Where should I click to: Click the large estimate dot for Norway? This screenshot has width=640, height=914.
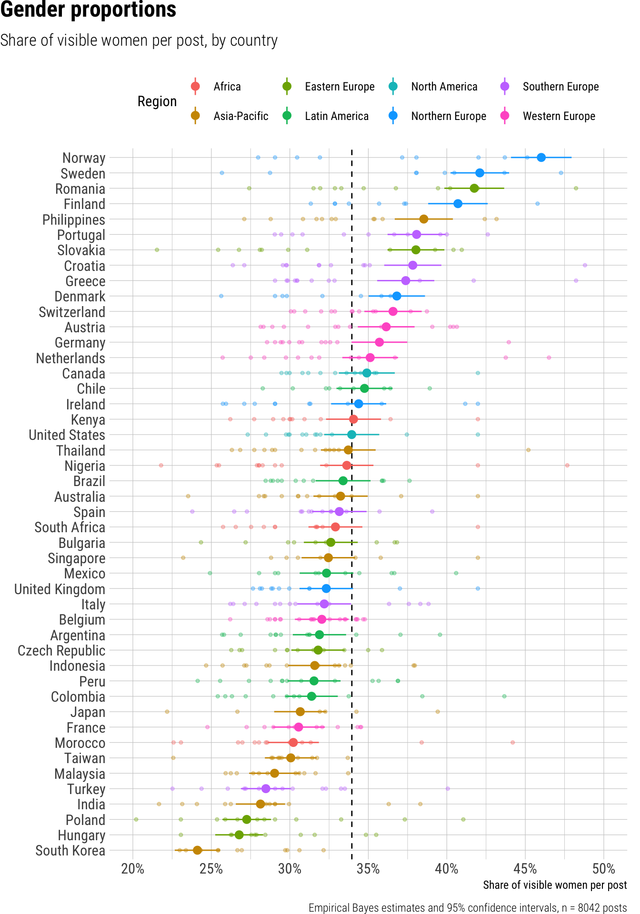[x=541, y=158]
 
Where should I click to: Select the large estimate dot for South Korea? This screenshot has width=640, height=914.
[x=197, y=850]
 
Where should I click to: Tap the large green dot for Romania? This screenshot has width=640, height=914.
[x=474, y=189]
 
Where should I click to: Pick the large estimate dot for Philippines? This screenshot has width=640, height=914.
[x=423, y=219]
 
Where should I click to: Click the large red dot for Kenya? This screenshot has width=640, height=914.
[x=353, y=419]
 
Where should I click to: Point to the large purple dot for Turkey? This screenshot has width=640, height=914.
[x=266, y=789]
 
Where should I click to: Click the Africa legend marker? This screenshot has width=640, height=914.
[x=195, y=87]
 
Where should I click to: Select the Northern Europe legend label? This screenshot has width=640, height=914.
[x=449, y=116]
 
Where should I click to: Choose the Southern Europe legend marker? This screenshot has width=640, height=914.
[x=505, y=87]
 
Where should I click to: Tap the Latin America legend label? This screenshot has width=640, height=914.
[x=337, y=116]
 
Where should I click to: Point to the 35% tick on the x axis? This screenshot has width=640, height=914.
[x=368, y=869]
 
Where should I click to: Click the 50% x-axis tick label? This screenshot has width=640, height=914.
[x=603, y=869]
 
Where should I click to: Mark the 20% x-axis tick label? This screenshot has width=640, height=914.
[x=133, y=869]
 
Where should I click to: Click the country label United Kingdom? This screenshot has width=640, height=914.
[x=60, y=589]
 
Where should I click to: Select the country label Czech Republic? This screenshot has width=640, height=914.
[x=61, y=651]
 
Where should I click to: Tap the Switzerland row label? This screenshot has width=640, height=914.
[x=72, y=312]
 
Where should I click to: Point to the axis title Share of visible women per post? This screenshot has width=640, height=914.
[x=555, y=885]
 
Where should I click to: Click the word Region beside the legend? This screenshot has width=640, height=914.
[x=157, y=101]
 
